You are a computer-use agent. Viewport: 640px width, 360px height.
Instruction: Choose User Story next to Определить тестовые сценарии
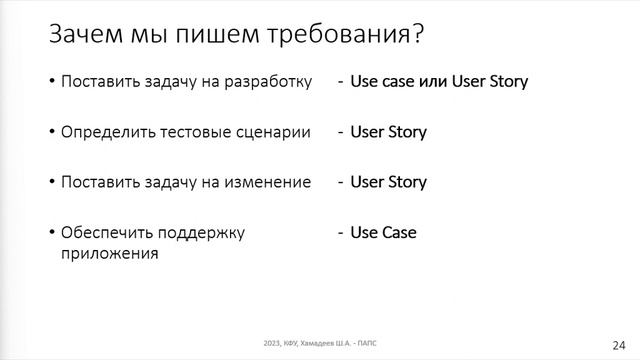pyautogui.click(x=388, y=132)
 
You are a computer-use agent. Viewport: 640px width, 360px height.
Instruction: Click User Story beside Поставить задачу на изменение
pyautogui.click(x=388, y=183)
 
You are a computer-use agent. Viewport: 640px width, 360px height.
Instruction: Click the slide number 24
pyautogui.click(x=617, y=340)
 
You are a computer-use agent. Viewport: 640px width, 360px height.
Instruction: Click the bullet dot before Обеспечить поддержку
pyautogui.click(x=52, y=233)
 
